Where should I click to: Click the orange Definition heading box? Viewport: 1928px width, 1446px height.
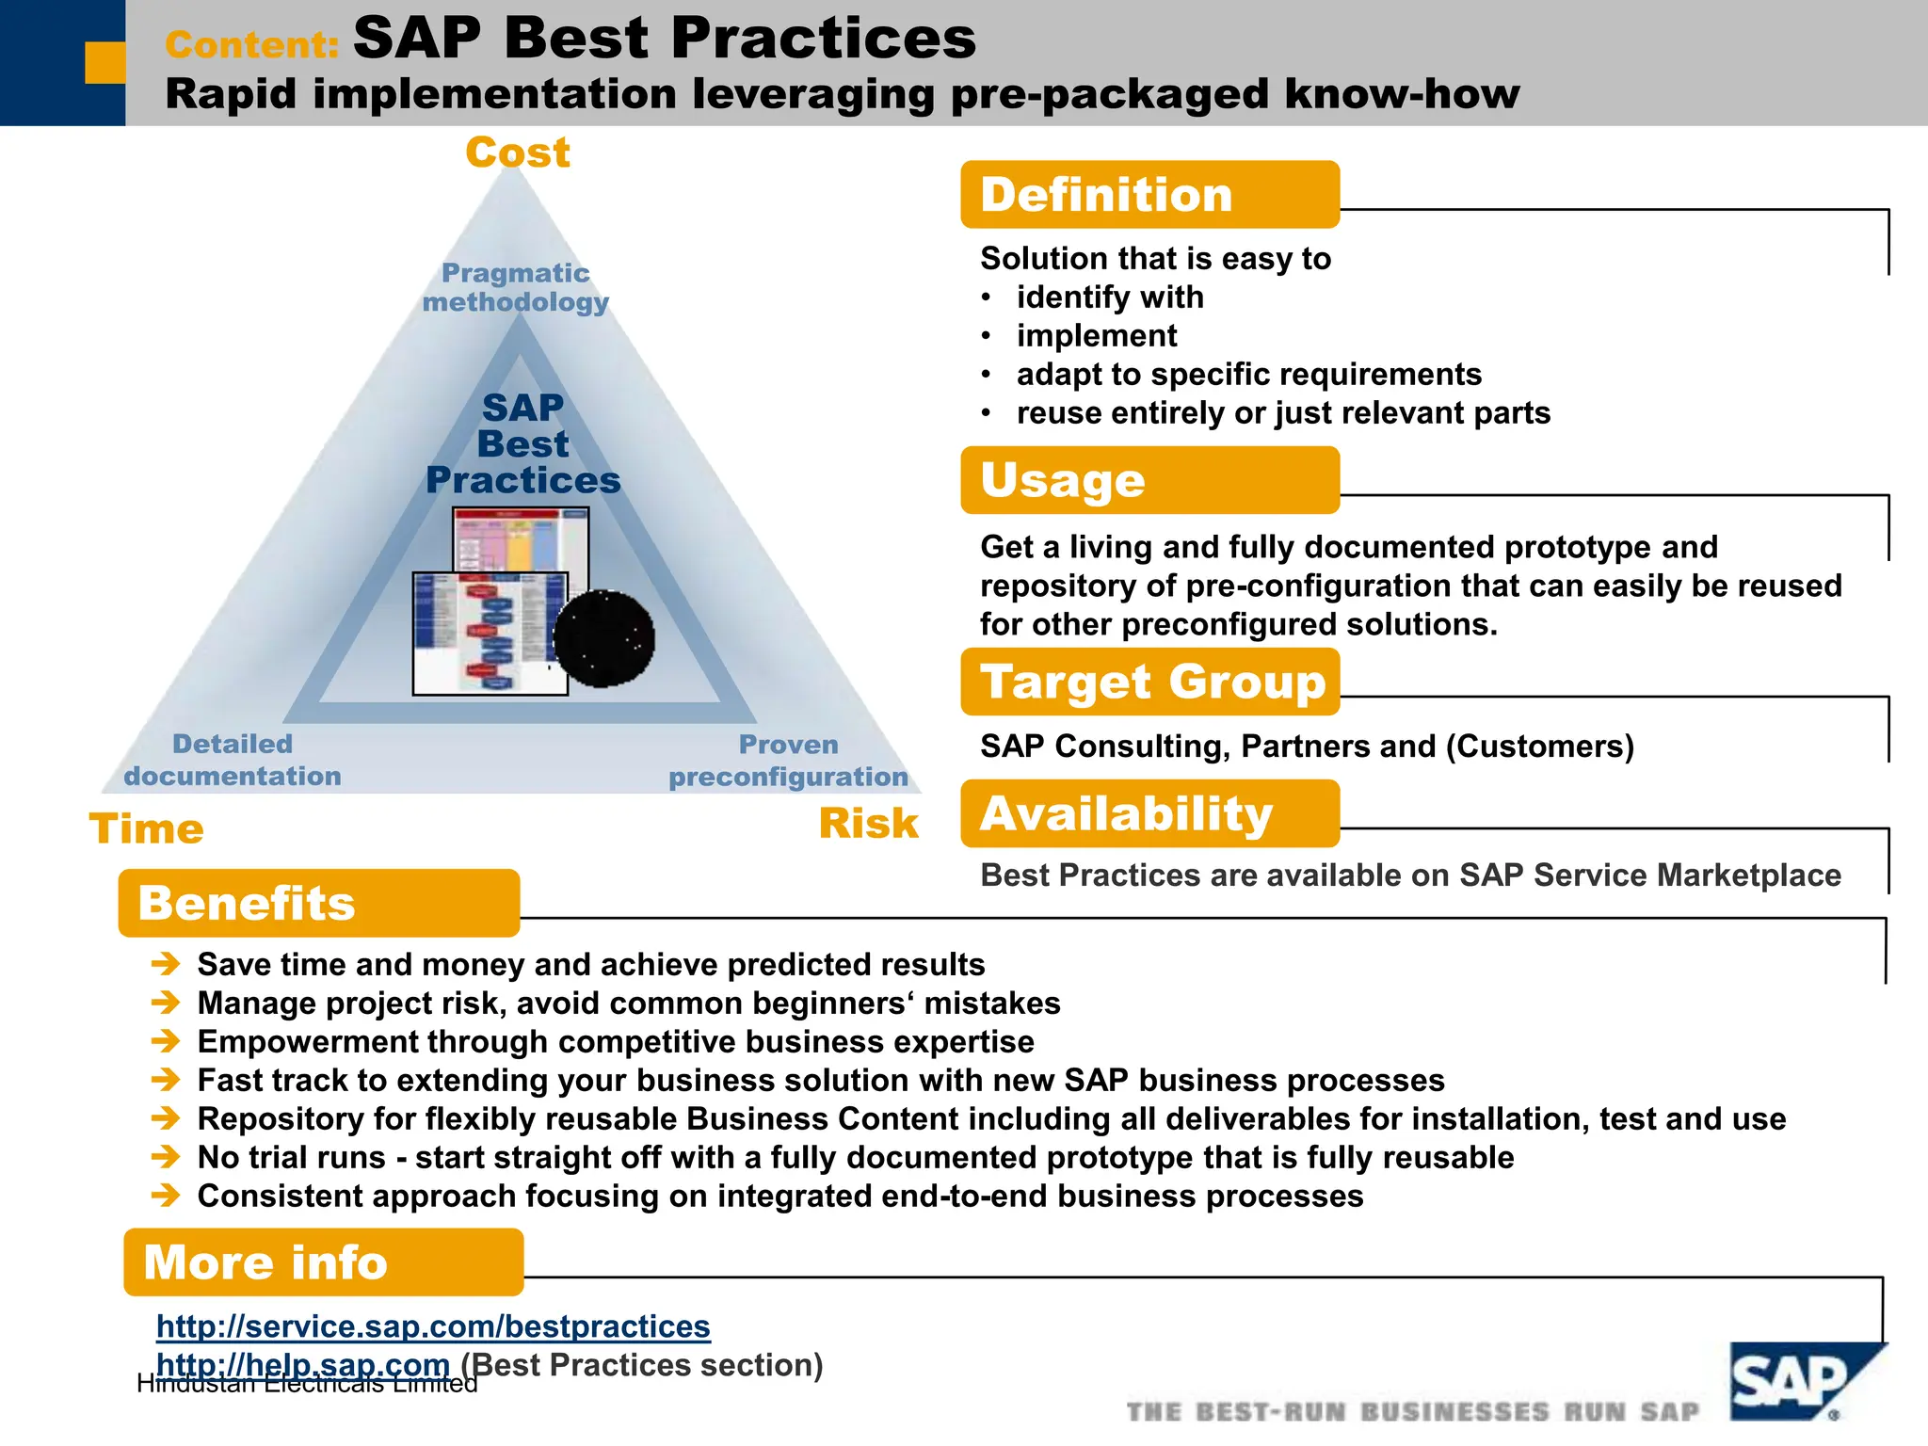(x=1149, y=195)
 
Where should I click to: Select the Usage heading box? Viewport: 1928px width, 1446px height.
(x=1149, y=480)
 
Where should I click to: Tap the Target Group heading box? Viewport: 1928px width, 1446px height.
(x=1149, y=682)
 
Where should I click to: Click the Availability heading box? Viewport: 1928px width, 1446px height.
(x=1149, y=813)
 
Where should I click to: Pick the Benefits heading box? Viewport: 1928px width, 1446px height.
(x=318, y=903)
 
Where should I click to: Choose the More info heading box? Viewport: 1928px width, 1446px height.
(x=323, y=1262)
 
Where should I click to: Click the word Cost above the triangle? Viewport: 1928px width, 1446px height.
(x=518, y=153)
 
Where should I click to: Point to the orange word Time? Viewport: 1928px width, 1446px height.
(x=146, y=829)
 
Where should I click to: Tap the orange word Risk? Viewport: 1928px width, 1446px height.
(x=868, y=824)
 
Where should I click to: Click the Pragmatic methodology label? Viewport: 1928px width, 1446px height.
(x=516, y=287)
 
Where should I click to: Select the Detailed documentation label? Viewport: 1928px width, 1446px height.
(x=233, y=760)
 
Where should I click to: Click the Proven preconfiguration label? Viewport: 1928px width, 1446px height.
(x=788, y=761)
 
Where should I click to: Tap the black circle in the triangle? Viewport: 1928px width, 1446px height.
(x=603, y=639)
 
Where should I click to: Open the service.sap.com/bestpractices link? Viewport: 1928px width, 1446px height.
(x=433, y=1326)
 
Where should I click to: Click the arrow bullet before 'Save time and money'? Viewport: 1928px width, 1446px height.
(x=166, y=964)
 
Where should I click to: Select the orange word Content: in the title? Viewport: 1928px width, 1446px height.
(x=252, y=44)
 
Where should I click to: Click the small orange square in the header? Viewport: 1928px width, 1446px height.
(x=104, y=62)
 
